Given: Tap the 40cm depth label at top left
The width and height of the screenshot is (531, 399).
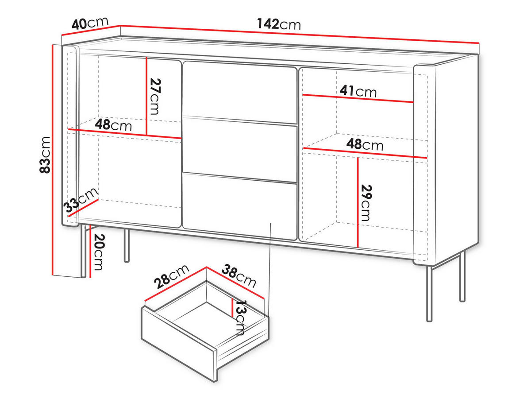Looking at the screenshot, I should [x=91, y=23].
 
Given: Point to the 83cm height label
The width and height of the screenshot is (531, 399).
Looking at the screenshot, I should [x=45, y=155].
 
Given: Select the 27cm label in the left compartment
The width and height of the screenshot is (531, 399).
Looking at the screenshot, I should [x=154, y=96].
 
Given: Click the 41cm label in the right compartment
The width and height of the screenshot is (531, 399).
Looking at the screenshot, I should [x=358, y=91].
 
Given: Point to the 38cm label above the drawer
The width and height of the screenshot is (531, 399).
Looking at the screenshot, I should [x=239, y=275].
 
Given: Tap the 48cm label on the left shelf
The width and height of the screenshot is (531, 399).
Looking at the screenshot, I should [x=113, y=125].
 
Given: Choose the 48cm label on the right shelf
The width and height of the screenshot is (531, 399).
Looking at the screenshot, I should [x=365, y=144].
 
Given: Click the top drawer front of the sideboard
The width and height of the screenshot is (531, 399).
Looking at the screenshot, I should [x=239, y=92].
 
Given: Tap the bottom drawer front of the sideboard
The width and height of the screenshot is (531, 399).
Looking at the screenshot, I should [x=239, y=206].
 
